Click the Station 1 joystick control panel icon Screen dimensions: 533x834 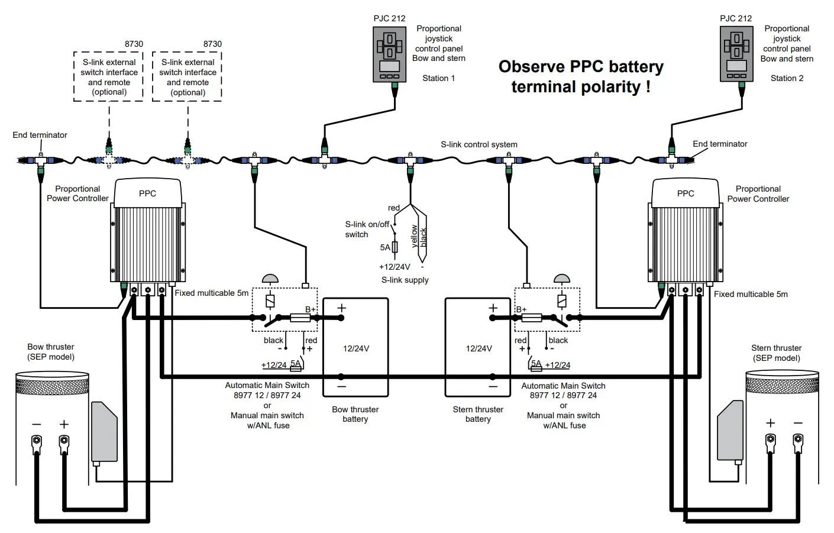point(389,54)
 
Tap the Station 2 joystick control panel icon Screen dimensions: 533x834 point(736,54)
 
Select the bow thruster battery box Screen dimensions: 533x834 point(355,347)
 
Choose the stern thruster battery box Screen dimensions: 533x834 point(478,347)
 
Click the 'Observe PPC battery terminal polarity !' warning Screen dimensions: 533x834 point(581,76)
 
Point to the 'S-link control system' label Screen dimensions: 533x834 point(479,144)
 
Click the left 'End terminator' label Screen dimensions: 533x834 point(40,135)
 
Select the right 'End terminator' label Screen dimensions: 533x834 point(720,144)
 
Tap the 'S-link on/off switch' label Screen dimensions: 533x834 point(367,229)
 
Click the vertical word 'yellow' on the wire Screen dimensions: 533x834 point(415,236)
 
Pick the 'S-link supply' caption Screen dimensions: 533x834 point(405,280)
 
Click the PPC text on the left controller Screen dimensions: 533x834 point(147,193)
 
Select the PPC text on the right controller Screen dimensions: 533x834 point(686,193)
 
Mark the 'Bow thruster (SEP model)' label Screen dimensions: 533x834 point(51,352)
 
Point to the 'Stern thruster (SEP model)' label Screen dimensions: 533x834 point(776,353)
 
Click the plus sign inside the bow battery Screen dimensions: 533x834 point(341,308)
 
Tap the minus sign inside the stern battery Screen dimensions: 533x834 point(493,386)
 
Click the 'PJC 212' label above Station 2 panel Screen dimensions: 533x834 point(736,18)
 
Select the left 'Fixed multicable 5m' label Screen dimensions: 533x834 point(211,293)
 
